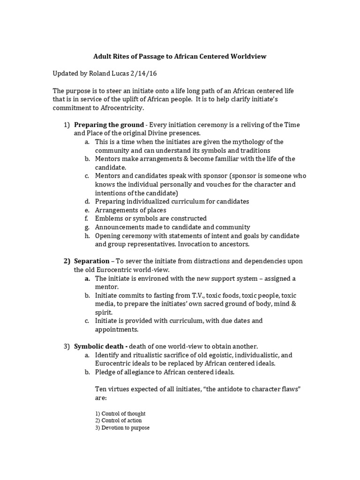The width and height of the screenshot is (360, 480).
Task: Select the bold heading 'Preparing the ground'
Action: coord(108,125)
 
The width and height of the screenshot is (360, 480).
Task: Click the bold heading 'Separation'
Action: coord(91,261)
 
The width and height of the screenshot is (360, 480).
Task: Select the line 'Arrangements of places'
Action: coord(130,210)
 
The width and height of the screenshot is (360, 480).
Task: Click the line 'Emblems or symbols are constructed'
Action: coord(150,218)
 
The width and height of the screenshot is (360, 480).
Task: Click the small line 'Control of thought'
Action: coord(120,414)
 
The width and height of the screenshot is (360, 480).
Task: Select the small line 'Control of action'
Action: coord(118,421)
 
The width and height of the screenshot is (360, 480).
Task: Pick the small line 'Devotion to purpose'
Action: coord(122,428)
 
